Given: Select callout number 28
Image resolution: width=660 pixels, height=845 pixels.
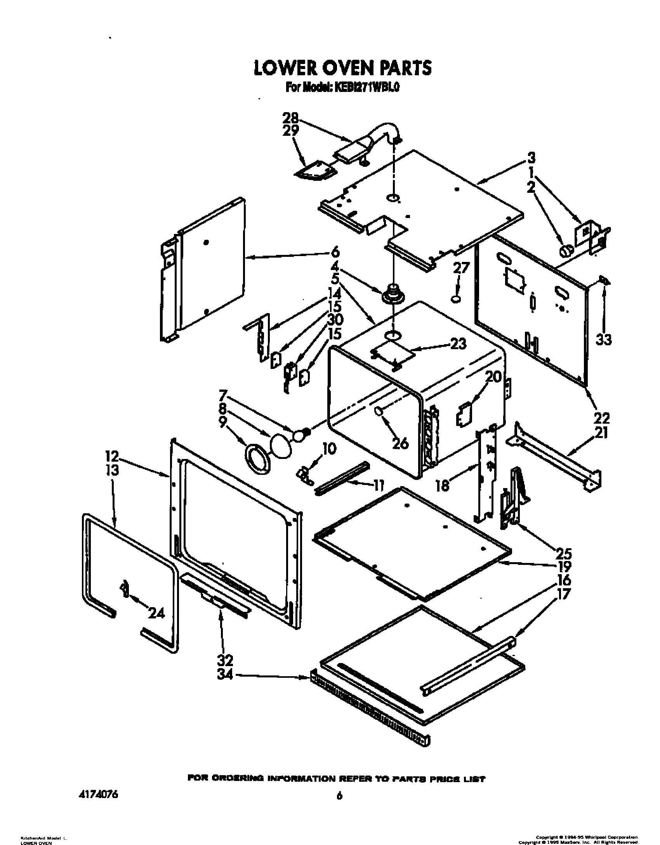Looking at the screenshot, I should [291, 118].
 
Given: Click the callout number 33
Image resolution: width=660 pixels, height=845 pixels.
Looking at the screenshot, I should [603, 339].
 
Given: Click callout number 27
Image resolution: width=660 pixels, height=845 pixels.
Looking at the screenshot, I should [461, 268].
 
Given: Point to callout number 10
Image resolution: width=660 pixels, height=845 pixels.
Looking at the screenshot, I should [329, 449].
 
